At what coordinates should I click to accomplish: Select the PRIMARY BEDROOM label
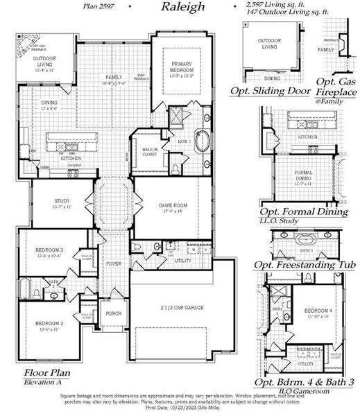(185, 66)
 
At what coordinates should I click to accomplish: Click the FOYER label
(113, 264)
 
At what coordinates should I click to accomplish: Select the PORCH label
(114, 313)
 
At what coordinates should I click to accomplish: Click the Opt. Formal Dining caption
(303, 211)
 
